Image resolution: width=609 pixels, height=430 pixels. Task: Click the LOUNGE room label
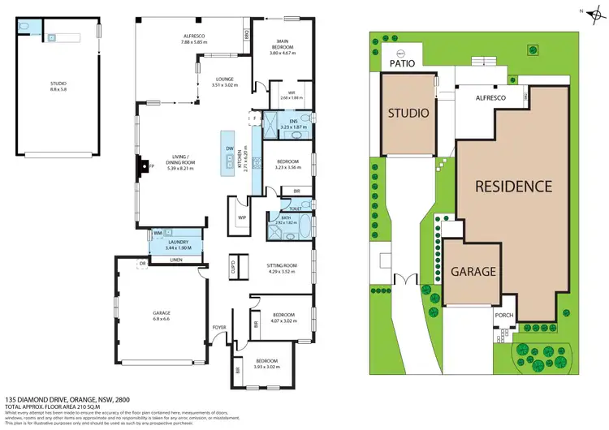[202, 79]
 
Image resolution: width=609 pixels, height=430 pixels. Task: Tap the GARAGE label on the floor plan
[162, 312]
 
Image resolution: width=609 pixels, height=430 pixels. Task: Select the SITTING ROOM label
[283, 265]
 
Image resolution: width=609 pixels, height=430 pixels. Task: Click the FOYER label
[218, 328]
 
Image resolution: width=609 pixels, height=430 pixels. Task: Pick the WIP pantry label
[242, 218]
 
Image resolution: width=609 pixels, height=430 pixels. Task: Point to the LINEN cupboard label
[175, 260]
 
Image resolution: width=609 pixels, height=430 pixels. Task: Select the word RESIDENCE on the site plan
[514, 187]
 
